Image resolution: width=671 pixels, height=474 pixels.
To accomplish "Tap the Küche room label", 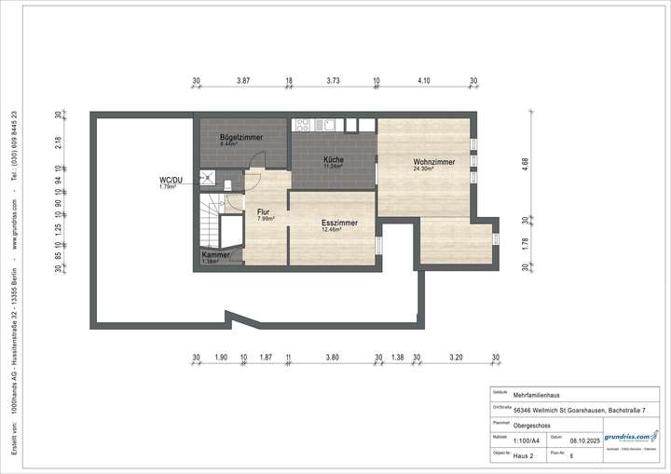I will click(x=334, y=159).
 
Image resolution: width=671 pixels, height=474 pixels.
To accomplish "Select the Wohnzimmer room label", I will click(x=433, y=162).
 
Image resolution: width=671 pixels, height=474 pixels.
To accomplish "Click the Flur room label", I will click(x=264, y=211).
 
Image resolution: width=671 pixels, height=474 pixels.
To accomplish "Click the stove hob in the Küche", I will click(x=304, y=123).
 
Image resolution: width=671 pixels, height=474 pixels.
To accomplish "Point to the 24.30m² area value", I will click(x=425, y=169).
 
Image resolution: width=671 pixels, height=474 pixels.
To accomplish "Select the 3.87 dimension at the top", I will click(x=242, y=81).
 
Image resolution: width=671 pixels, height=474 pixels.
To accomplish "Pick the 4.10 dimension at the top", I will click(x=424, y=81).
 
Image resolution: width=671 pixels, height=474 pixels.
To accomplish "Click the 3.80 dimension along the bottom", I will click(x=333, y=357).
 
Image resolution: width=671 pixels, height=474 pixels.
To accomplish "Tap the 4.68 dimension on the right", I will click(x=525, y=161).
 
